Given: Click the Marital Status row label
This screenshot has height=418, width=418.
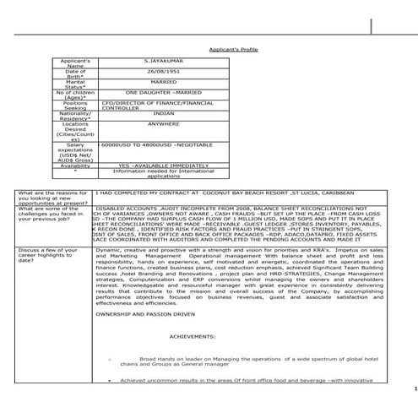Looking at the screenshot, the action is (76, 84).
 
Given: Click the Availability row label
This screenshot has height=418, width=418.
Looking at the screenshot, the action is (76, 166).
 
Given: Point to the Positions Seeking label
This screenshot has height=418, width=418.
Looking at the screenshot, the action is (76, 106).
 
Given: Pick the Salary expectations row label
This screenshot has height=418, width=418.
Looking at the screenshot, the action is (76, 150).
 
